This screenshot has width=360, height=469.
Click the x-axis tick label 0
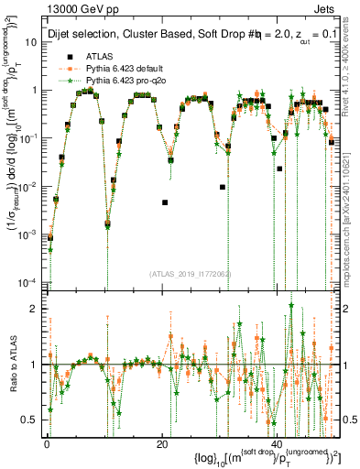(x=47, y=442)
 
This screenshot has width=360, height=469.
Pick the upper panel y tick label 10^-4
(x=28, y=281)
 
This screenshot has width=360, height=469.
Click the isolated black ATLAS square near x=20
(x=165, y=202)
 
